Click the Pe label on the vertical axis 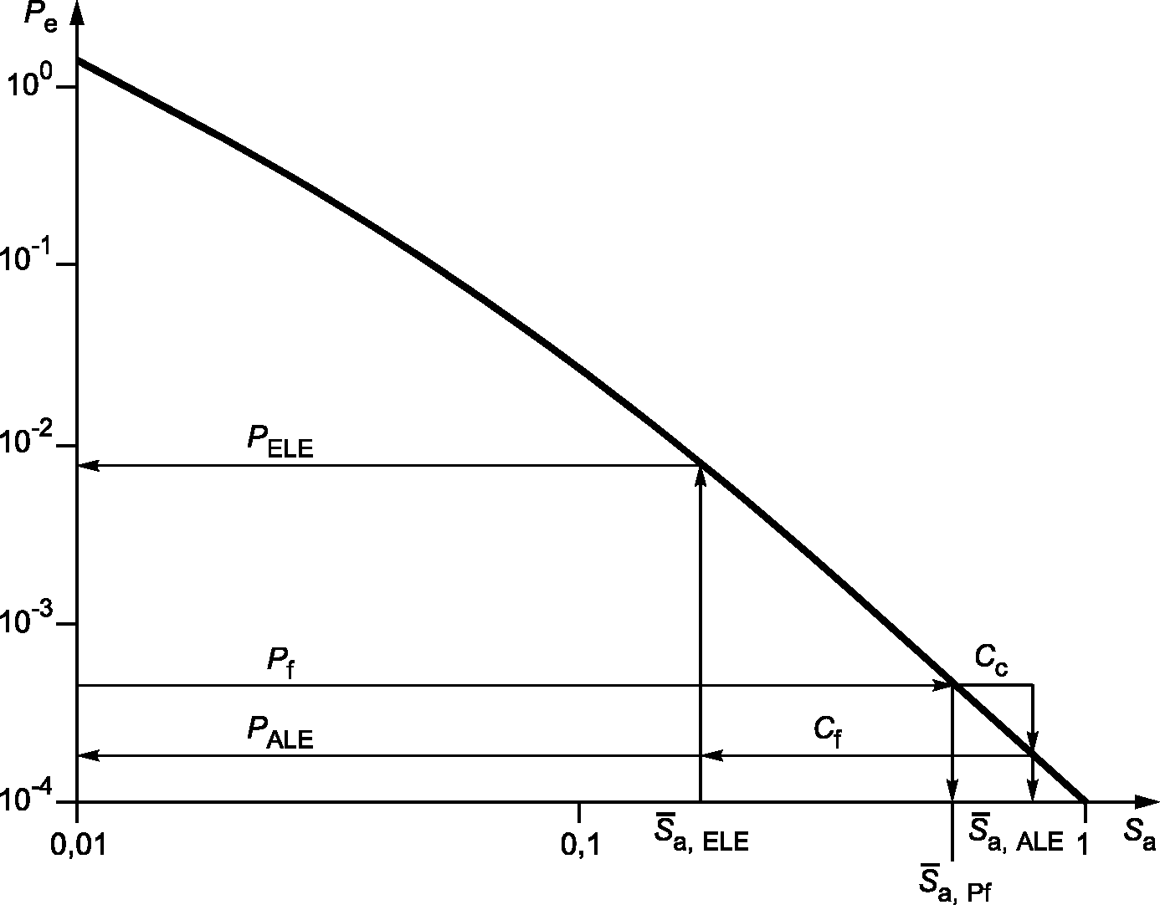pos(40,18)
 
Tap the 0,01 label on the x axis pos(78,846)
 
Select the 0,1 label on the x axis pos(580,846)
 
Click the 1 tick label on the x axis pos(1083,844)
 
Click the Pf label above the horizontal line pos(280,663)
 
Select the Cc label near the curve pos(991,659)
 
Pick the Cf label pos(828,731)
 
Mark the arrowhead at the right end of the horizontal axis pos(1147,801)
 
